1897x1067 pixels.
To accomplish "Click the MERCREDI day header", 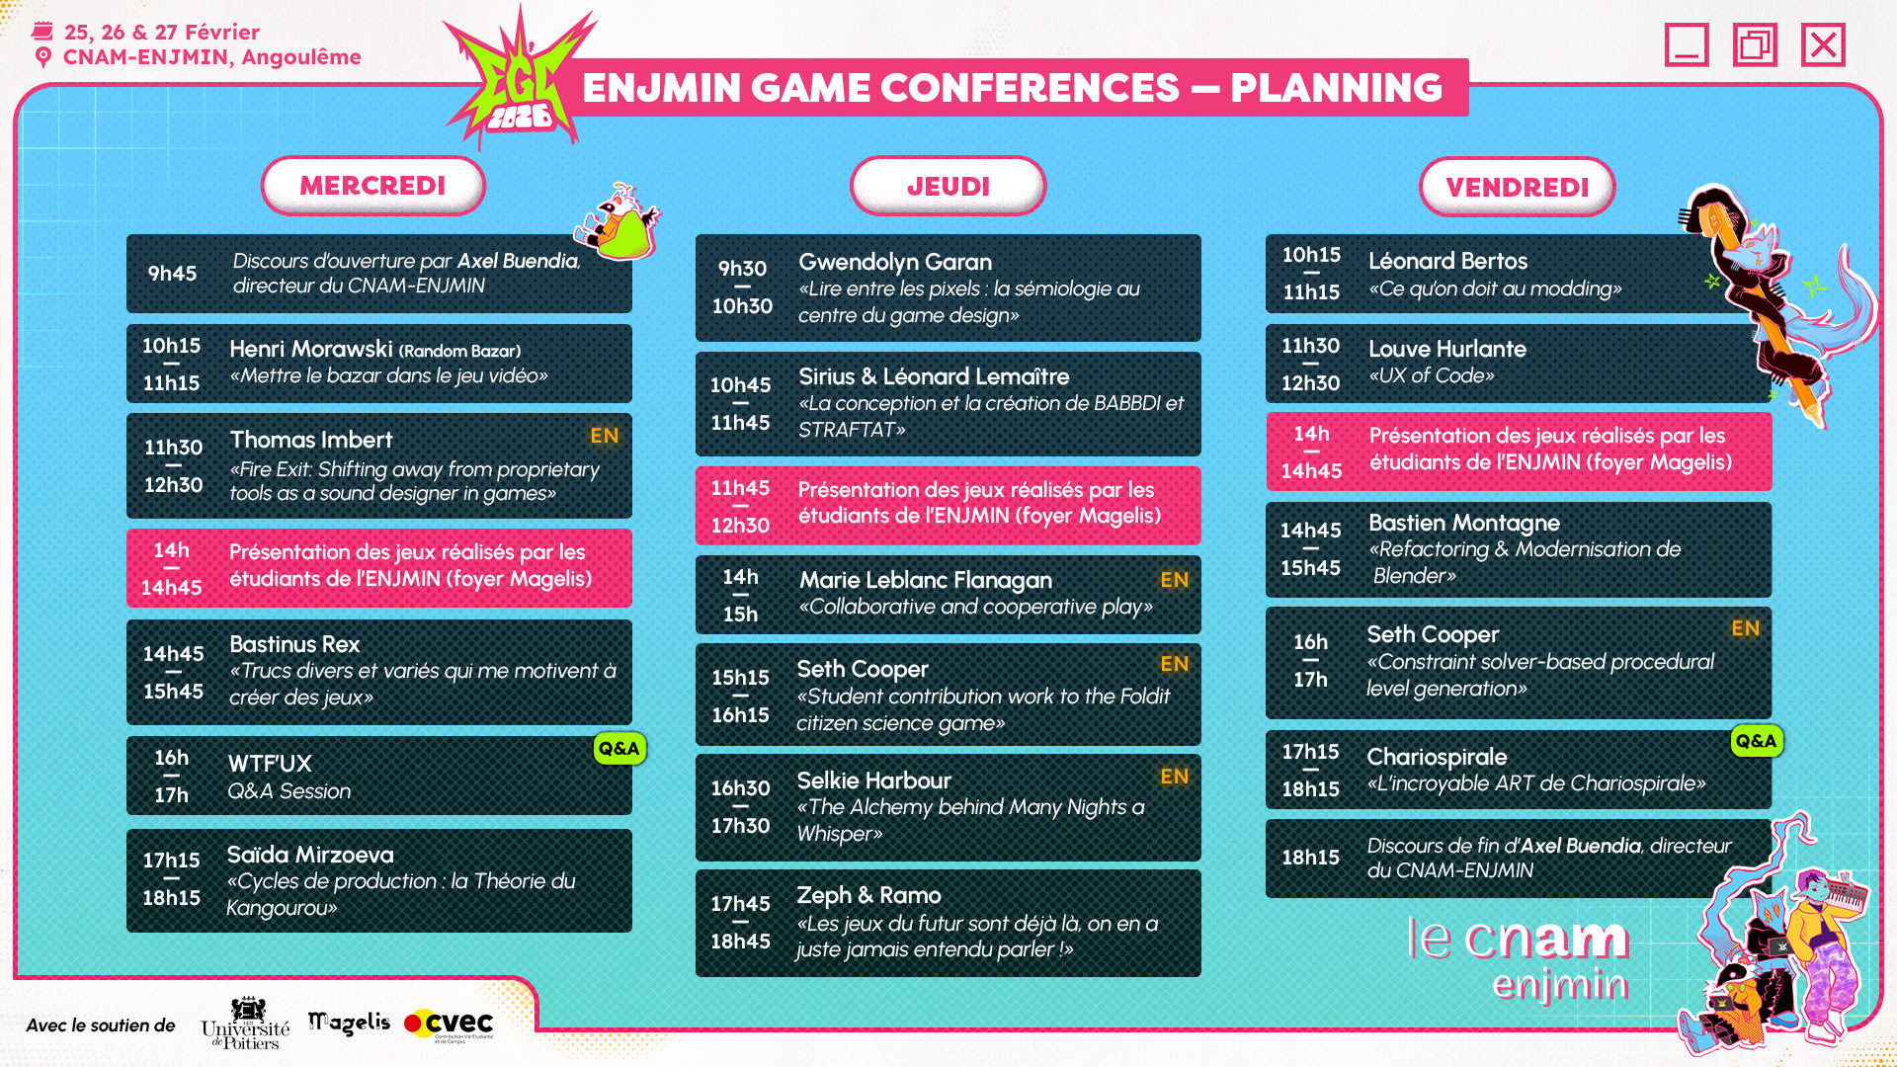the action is [373, 186].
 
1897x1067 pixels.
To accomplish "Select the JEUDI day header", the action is [948, 186].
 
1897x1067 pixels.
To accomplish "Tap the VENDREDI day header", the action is [1518, 187].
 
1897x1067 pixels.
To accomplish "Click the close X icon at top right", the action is [1823, 44].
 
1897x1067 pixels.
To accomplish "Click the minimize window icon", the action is [1687, 44].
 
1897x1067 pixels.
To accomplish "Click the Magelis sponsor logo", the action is [349, 1024].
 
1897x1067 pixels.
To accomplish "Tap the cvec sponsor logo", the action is [450, 1025].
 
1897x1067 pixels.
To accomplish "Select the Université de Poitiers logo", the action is [245, 1024].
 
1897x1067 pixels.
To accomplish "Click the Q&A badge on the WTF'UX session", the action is [619, 748].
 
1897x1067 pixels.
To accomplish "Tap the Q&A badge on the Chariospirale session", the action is [1756, 741].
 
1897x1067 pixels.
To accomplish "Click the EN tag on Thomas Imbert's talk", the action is [605, 436].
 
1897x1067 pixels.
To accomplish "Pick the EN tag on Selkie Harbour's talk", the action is [1175, 777].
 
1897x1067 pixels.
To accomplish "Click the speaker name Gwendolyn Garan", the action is [895, 262].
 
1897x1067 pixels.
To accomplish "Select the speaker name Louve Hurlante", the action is [1447, 349].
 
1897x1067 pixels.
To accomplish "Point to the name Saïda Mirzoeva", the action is [310, 855].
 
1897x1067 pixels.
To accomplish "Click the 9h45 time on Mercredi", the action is [172, 274].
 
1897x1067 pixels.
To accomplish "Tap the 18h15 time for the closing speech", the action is [1311, 858].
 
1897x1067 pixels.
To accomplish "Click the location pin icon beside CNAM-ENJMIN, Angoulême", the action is [42, 57].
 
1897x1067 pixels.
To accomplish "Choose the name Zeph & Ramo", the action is [869, 895].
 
